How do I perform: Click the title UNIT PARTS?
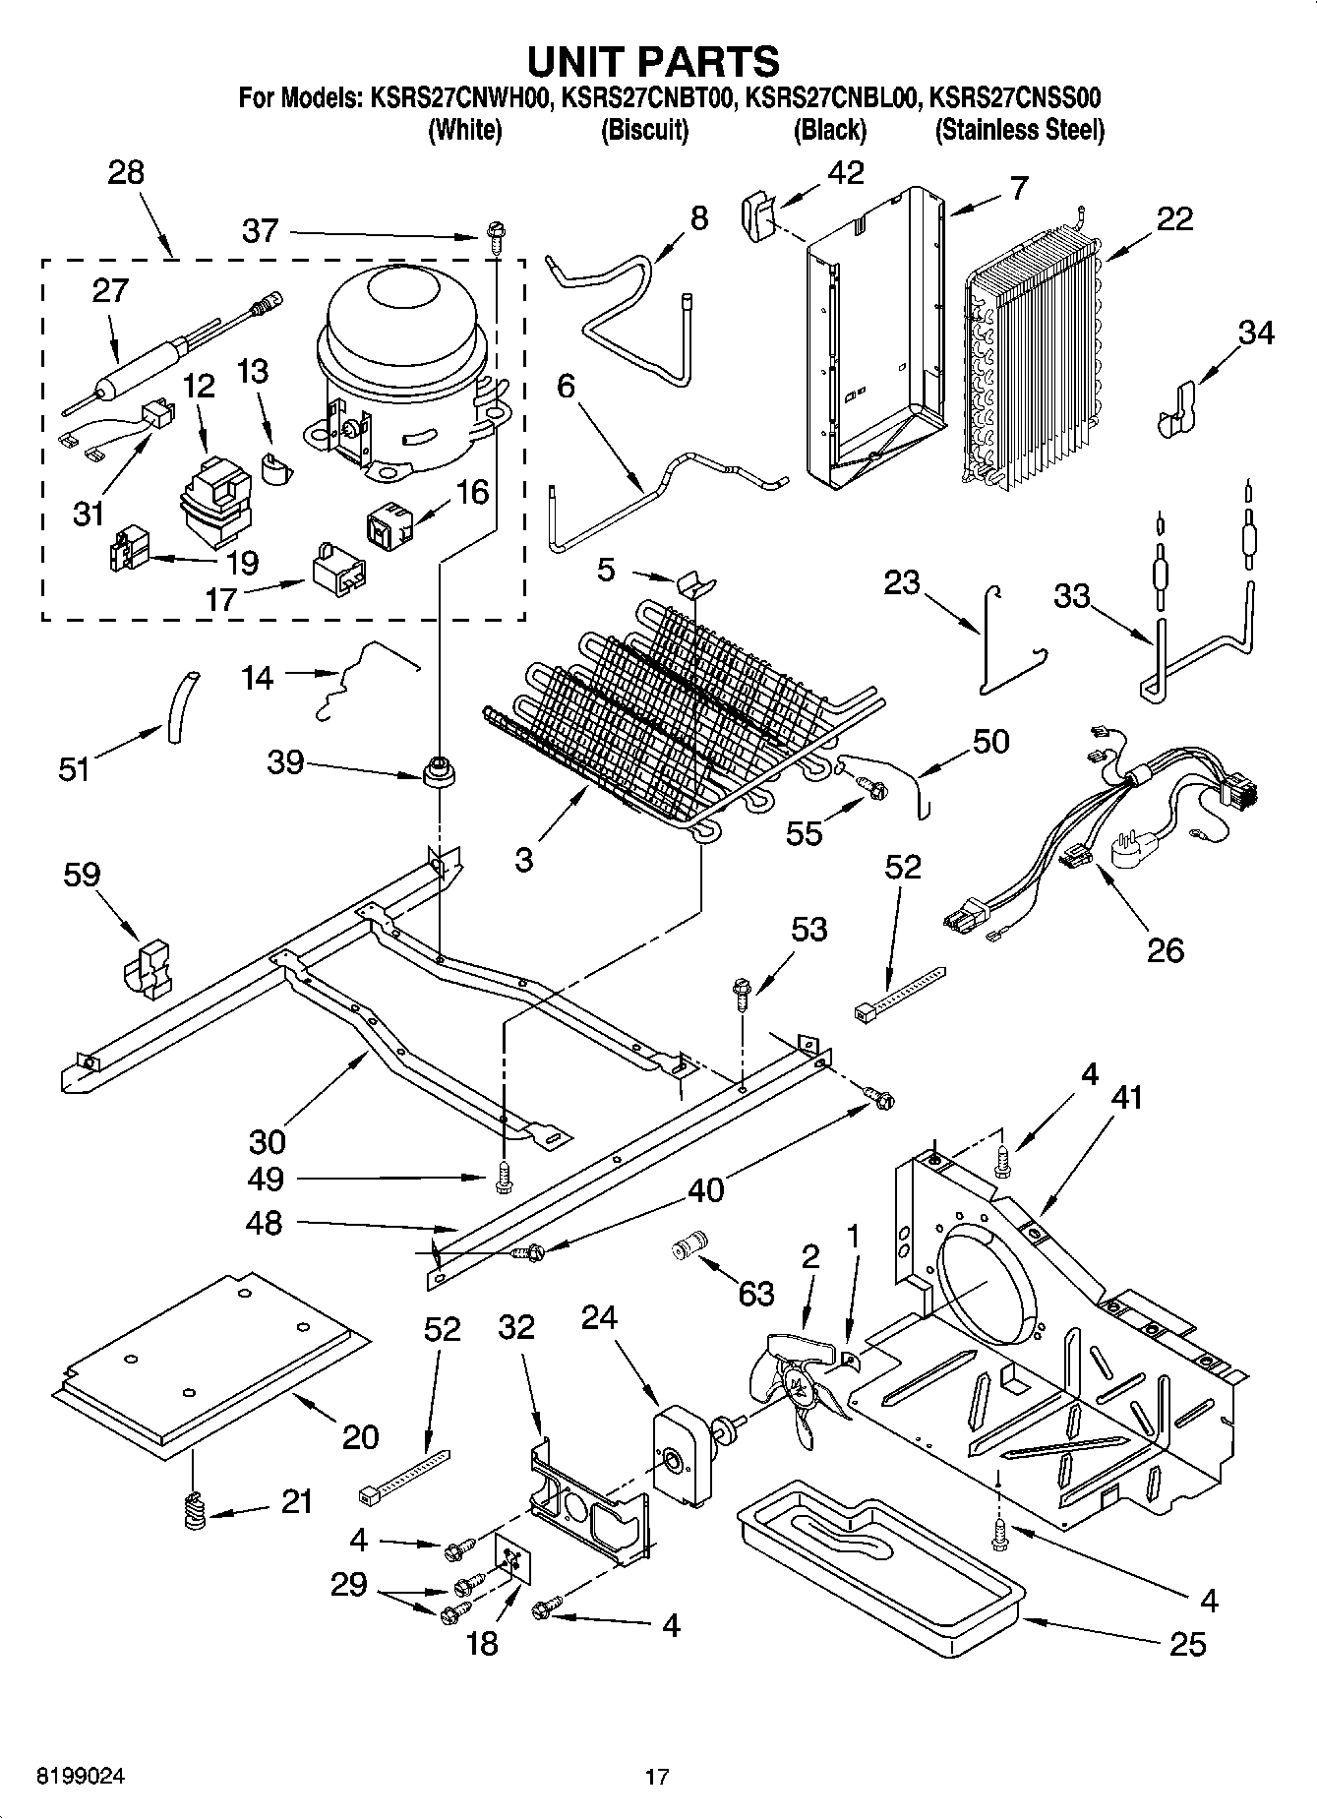(x=653, y=61)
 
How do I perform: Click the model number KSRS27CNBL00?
(x=832, y=98)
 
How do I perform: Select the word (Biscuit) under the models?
(x=644, y=130)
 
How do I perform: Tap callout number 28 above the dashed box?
(x=126, y=173)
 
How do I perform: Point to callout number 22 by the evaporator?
(x=1174, y=218)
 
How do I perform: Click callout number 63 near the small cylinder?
(x=755, y=1294)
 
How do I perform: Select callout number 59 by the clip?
(x=81, y=875)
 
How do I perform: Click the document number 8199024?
(x=81, y=1777)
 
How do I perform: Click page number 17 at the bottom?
(x=657, y=1777)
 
